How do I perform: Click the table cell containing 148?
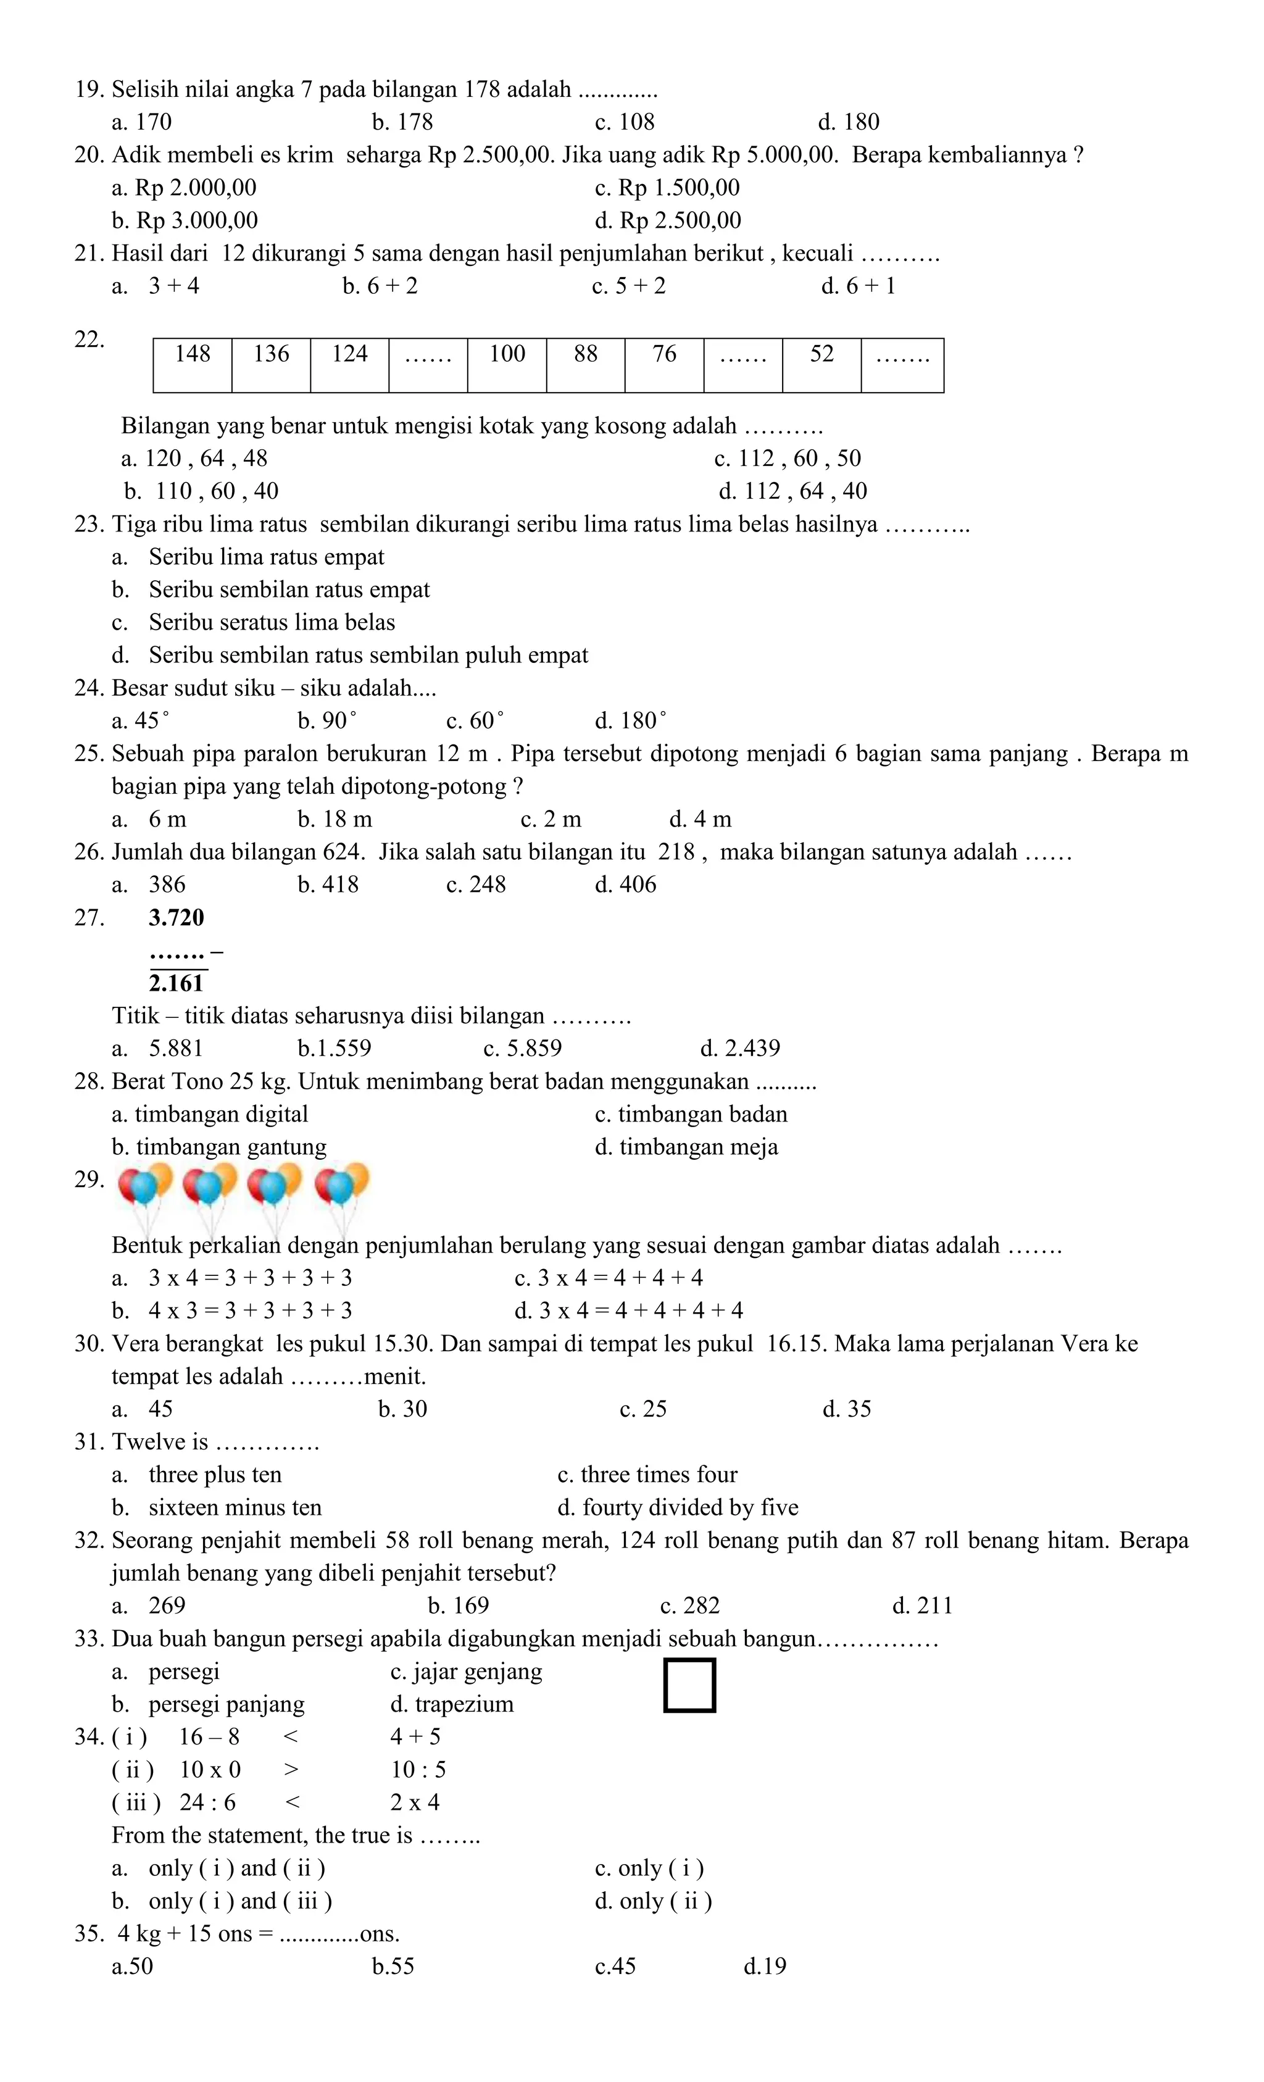tap(193, 364)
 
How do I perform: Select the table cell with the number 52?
tap(821, 364)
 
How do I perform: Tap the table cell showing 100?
tap(507, 364)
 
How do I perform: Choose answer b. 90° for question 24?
tap(327, 721)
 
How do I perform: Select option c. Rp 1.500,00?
tap(667, 188)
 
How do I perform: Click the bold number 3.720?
tap(177, 918)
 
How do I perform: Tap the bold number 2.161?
tap(177, 983)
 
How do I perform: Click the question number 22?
tap(89, 339)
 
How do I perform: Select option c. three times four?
tap(647, 1475)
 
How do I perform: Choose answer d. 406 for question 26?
tap(625, 885)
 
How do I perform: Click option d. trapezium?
tap(452, 1704)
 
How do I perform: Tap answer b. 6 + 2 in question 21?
tap(380, 286)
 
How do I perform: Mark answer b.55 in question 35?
tap(393, 1966)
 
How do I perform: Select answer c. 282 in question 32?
tap(689, 1605)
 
